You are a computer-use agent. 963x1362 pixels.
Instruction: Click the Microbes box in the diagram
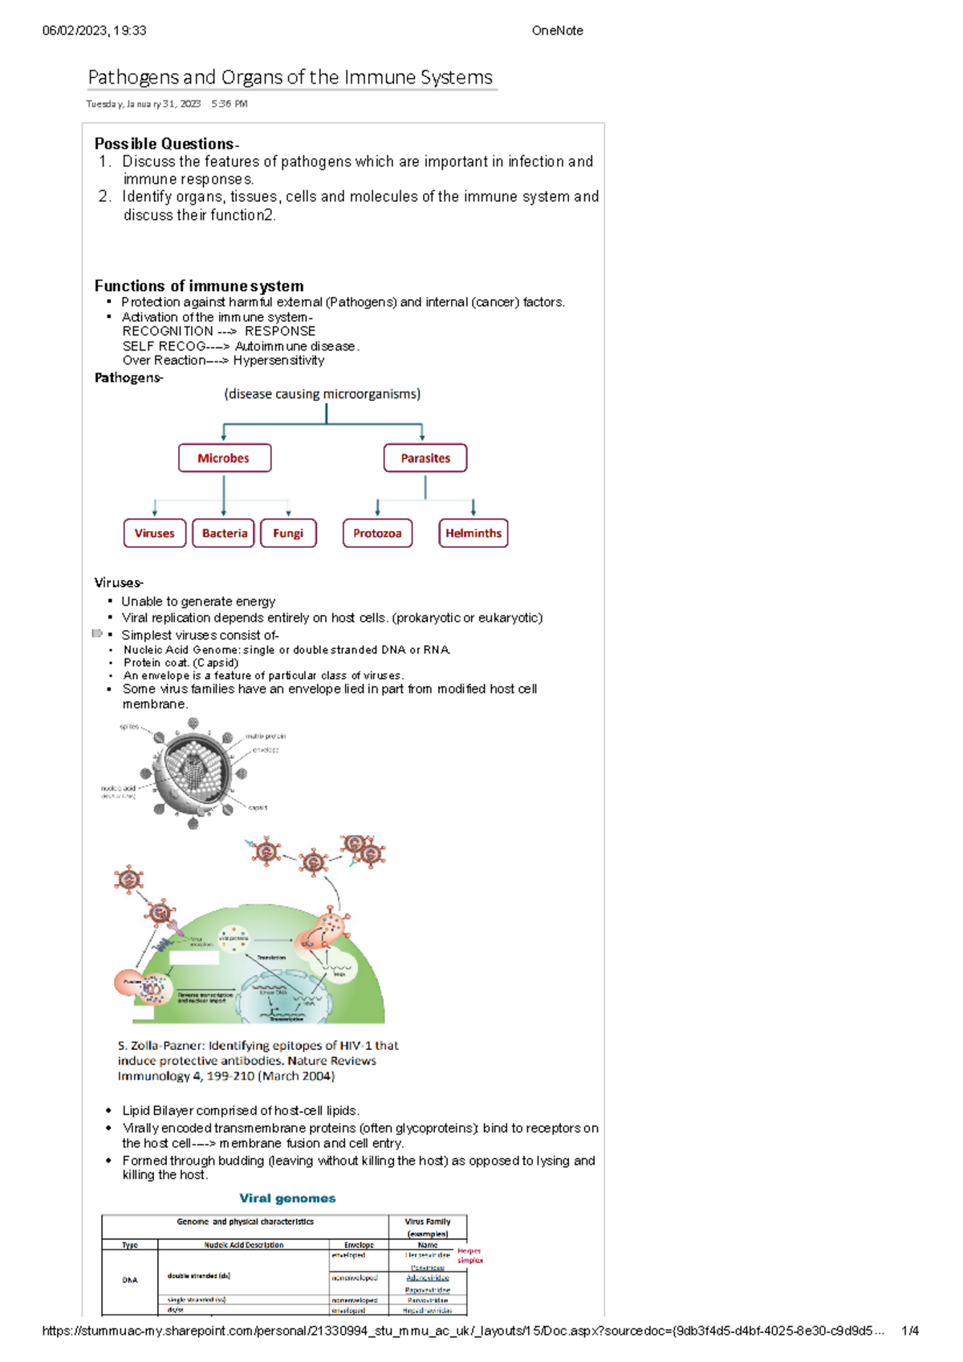click(224, 458)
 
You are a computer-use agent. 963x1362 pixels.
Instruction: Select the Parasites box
click(425, 458)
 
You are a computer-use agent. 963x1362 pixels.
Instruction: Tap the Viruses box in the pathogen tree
click(154, 533)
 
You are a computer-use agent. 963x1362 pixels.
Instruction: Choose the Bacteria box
click(224, 533)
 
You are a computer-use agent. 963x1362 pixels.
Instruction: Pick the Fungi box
click(288, 533)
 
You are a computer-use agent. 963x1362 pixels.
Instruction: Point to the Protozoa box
click(377, 533)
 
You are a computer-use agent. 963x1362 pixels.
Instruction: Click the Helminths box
click(473, 533)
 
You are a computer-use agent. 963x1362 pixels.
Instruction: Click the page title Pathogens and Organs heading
click(290, 77)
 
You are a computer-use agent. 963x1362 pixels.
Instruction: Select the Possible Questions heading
click(165, 144)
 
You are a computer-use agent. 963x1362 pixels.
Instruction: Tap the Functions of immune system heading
click(199, 286)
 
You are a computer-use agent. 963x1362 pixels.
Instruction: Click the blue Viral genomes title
click(287, 1198)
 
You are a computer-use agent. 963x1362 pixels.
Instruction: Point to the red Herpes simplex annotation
click(469, 1255)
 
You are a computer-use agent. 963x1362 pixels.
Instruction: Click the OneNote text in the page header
click(557, 30)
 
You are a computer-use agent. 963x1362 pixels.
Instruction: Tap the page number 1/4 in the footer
click(910, 1331)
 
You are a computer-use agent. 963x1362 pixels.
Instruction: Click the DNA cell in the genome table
click(130, 1280)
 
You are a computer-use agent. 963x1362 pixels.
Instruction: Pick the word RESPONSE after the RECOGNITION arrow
click(280, 331)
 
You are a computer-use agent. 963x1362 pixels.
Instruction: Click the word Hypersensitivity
click(278, 361)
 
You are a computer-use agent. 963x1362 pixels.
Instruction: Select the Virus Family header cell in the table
click(428, 1227)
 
